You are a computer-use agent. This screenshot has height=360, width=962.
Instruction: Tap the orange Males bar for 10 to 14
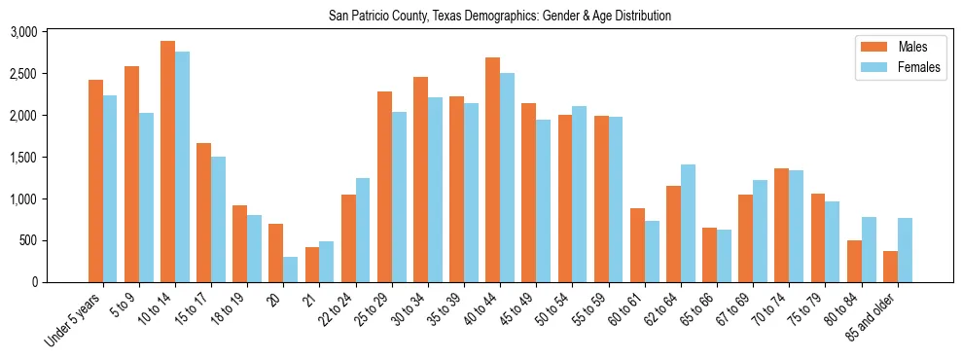pos(167,162)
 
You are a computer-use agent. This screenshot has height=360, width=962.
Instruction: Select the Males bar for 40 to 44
pos(492,170)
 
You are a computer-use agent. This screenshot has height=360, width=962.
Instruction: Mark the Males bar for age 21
pos(311,265)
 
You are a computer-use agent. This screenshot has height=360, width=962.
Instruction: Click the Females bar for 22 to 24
pos(362,231)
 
